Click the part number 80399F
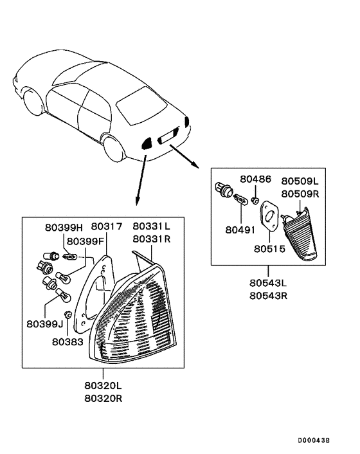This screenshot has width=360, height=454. click(86, 242)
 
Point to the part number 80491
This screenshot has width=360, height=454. click(239, 229)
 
